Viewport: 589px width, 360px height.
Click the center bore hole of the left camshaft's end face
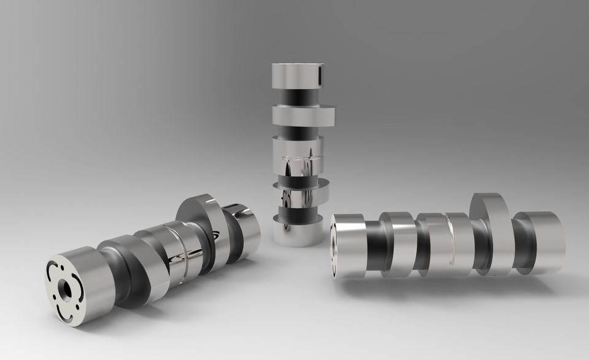[64, 287]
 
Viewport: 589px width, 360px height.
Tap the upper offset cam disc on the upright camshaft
[305, 115]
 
